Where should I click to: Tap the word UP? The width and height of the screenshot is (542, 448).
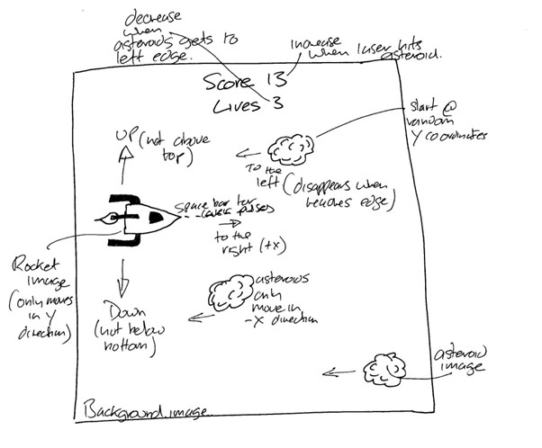(123, 136)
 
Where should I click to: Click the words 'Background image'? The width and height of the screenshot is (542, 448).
(145, 411)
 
